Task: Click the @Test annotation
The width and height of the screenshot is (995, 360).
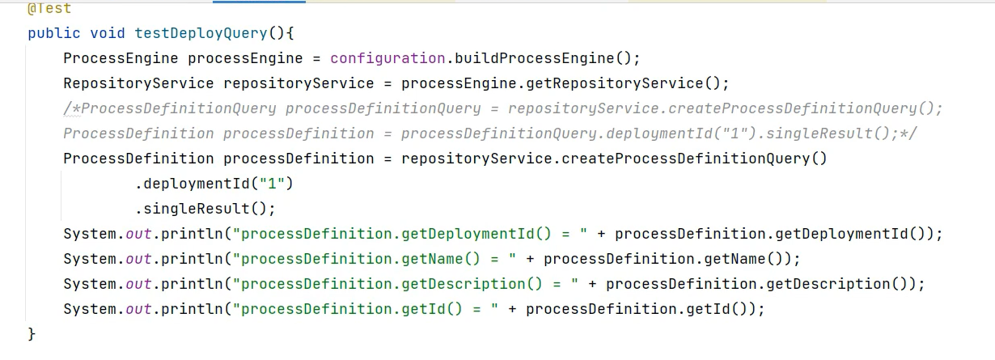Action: (x=49, y=9)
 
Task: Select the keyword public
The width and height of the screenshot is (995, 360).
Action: (x=53, y=33)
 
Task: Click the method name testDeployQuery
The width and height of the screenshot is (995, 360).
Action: (x=200, y=33)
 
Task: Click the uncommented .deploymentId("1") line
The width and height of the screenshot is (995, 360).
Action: (x=214, y=184)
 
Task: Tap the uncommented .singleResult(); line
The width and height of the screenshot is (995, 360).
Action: (x=205, y=209)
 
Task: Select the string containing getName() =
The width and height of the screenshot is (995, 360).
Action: (x=375, y=259)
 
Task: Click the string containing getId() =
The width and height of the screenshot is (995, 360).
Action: (x=366, y=309)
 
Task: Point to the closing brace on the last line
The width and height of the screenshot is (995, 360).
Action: (x=32, y=333)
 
